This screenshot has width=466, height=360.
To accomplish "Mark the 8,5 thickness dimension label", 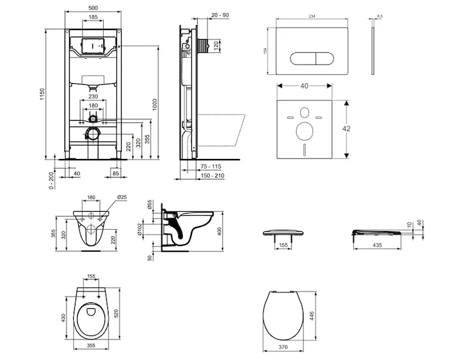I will coord(380,16).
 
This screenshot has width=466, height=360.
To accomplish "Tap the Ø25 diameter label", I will coord(121,196).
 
